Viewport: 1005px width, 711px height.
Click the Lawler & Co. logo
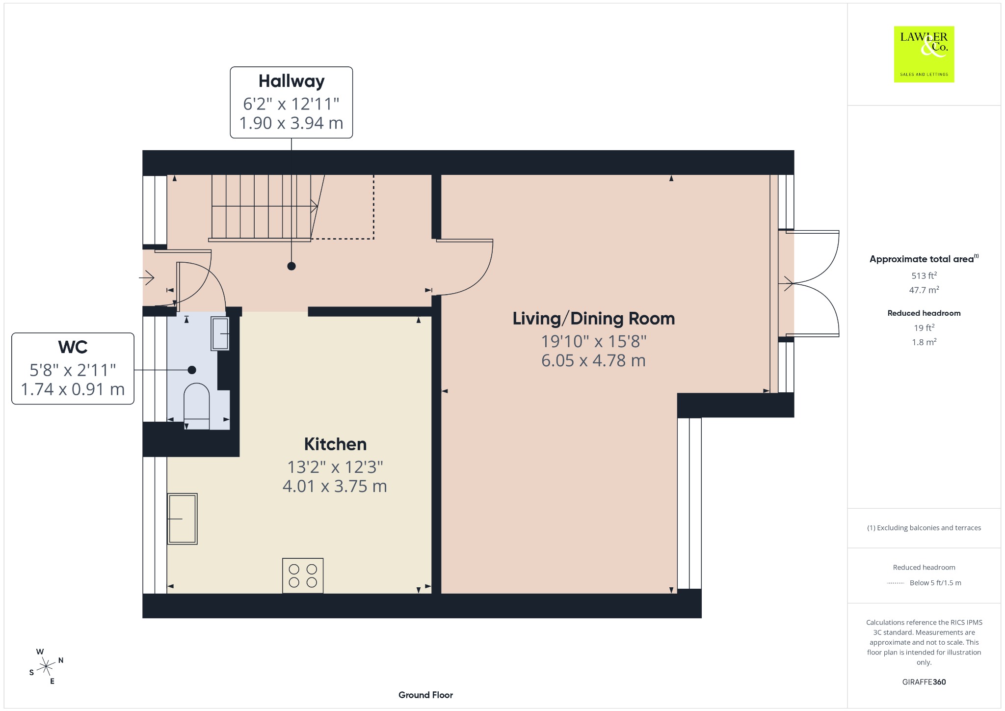pyautogui.click(x=924, y=54)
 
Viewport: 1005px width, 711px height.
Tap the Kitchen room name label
pyautogui.click(x=335, y=444)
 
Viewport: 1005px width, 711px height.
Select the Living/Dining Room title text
pyautogui.click(x=594, y=319)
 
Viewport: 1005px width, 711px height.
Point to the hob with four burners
pyautogui.click(x=303, y=575)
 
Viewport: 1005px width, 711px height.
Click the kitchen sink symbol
pyautogui.click(x=182, y=519)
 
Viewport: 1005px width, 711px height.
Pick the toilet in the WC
pyautogui.click(x=196, y=406)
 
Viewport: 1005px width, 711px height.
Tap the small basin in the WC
pyautogui.click(x=220, y=333)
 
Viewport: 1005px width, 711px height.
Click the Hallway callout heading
pyautogui.click(x=291, y=81)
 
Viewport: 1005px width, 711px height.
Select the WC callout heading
pyautogui.click(x=73, y=347)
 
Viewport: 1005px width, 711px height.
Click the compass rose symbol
pyautogui.click(x=46, y=666)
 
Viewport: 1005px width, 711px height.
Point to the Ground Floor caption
pyautogui.click(x=425, y=695)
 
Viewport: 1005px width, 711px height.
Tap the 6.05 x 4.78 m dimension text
pyautogui.click(x=593, y=361)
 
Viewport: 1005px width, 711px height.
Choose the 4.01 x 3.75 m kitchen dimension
pyautogui.click(x=335, y=486)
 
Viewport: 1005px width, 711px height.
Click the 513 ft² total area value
pyautogui.click(x=924, y=275)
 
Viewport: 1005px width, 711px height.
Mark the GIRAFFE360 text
pyautogui.click(x=924, y=682)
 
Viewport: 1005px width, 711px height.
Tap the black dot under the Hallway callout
pyautogui.click(x=291, y=266)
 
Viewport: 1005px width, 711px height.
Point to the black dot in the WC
pyautogui.click(x=192, y=370)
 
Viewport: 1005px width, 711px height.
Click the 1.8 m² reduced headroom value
pyautogui.click(x=924, y=342)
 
